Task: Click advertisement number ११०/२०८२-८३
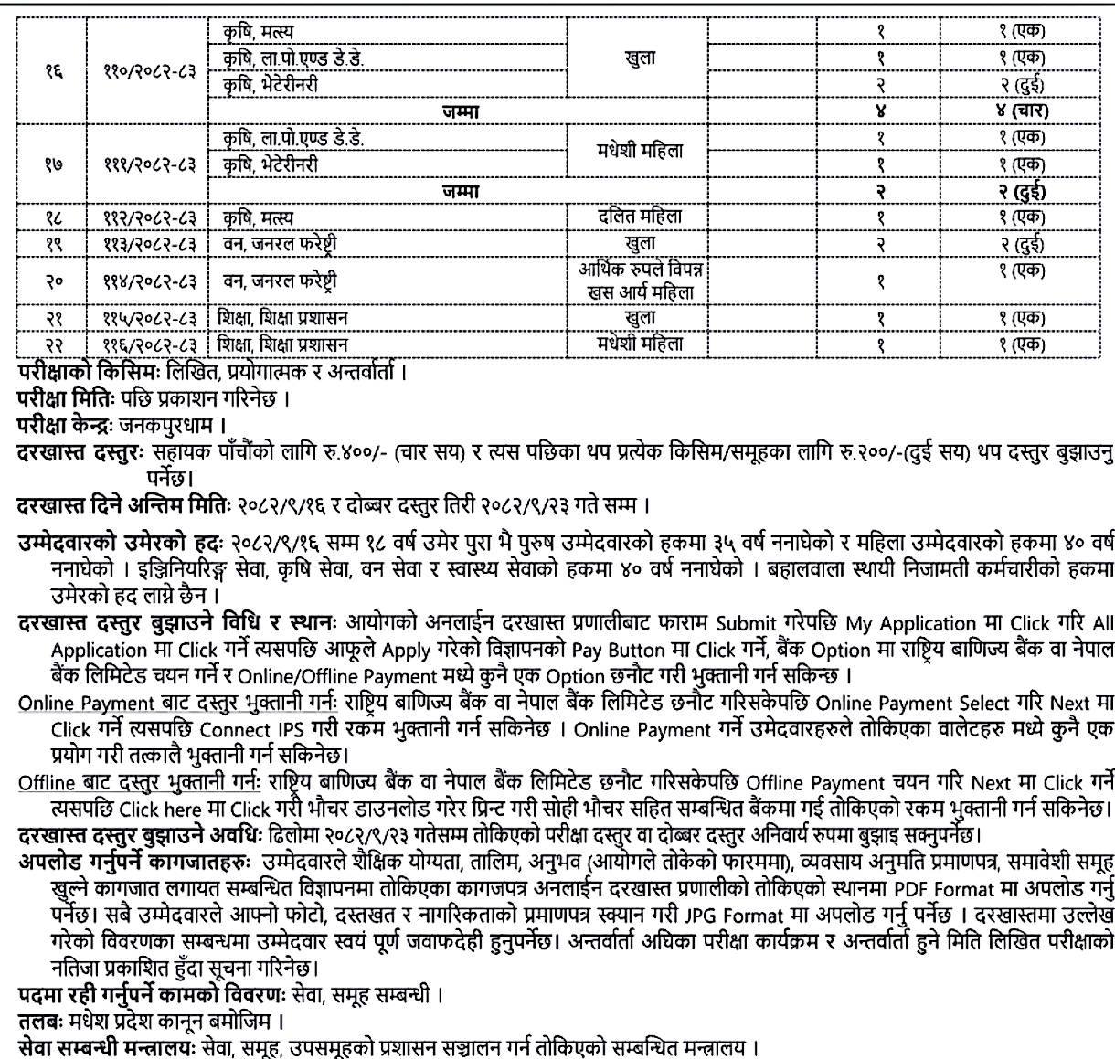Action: (x=149, y=70)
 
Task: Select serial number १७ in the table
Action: (x=52, y=164)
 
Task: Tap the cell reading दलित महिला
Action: (x=639, y=217)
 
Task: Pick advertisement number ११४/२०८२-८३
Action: (x=149, y=281)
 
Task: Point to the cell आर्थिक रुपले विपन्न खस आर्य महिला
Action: (x=639, y=281)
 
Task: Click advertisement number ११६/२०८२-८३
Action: (x=149, y=344)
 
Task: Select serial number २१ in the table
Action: (x=52, y=318)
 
